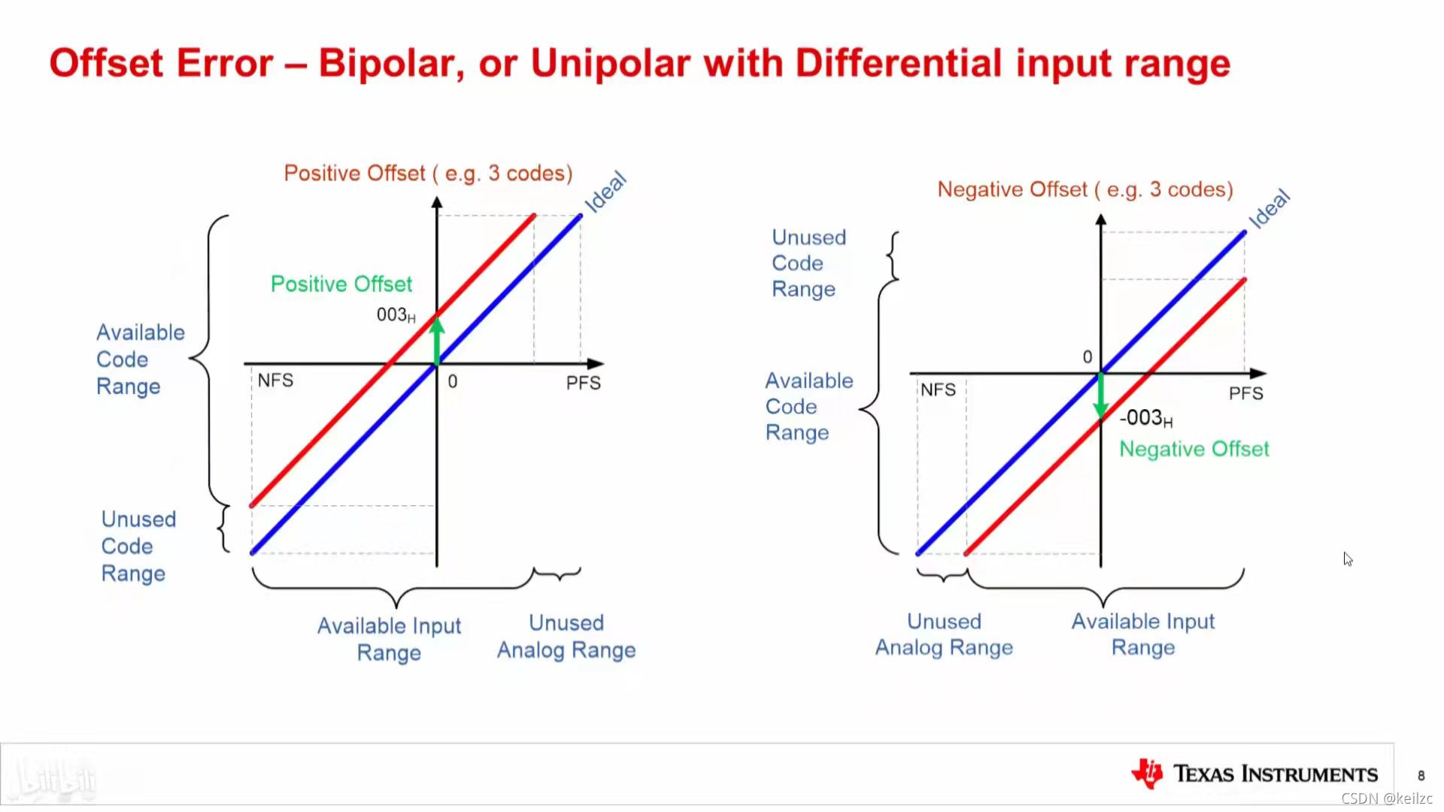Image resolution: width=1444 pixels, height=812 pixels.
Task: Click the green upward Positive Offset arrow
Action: [437, 340]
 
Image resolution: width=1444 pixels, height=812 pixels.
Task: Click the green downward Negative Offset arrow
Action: [1101, 395]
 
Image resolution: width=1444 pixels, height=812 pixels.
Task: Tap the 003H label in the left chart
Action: [396, 315]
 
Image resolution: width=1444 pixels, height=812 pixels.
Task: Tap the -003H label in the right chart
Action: [1146, 418]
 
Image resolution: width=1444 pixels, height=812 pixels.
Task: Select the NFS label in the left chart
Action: [275, 380]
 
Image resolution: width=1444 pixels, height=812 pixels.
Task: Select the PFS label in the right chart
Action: [1246, 393]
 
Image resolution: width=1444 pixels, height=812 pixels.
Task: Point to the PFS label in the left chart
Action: [584, 383]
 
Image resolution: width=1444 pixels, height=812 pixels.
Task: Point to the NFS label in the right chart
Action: [938, 389]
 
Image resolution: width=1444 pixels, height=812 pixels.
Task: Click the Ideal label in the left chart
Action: [605, 192]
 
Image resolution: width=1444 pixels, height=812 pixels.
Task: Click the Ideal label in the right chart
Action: [1270, 208]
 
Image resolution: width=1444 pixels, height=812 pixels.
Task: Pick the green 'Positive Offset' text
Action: [341, 283]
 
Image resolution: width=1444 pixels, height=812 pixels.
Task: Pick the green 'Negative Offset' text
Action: [1194, 449]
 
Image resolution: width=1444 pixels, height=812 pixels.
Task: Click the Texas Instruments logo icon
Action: [1147, 774]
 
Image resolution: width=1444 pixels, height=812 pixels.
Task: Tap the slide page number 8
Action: [1421, 775]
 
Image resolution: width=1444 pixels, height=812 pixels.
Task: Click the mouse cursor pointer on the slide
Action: [1348, 559]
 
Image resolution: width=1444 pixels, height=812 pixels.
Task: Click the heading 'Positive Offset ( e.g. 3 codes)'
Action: [428, 174]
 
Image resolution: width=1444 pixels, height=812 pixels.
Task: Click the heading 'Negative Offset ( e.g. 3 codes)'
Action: [1085, 189]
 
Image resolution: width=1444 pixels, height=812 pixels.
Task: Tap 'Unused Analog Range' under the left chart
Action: [566, 636]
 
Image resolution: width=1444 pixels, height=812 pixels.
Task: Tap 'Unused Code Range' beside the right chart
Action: [808, 263]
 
